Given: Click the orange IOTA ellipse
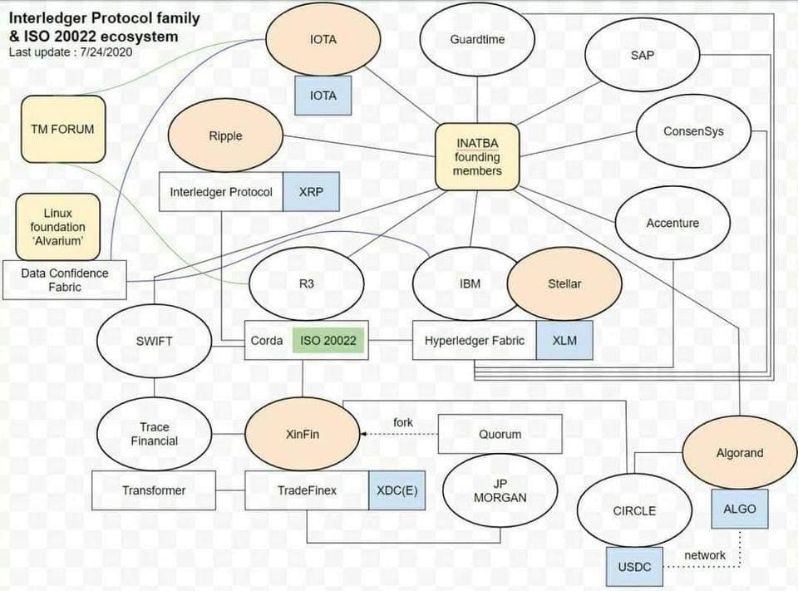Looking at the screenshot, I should [x=323, y=39].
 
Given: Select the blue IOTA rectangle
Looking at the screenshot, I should [x=323, y=96].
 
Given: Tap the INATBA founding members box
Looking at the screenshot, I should [x=477, y=157].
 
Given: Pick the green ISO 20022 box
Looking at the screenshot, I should [x=329, y=341].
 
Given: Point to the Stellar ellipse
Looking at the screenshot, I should [x=564, y=283].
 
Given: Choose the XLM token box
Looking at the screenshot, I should [x=564, y=341].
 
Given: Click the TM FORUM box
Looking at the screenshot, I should [x=63, y=130].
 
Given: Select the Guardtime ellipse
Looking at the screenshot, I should [x=477, y=39].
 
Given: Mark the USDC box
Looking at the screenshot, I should [x=635, y=567].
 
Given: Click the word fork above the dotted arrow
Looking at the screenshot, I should [x=403, y=422].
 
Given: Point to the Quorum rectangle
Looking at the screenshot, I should [x=500, y=434].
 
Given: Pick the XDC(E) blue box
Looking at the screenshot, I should [x=397, y=490].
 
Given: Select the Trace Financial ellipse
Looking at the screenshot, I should [x=154, y=434].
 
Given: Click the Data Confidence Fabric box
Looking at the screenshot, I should [x=64, y=280].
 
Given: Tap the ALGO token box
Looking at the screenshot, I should [x=739, y=509].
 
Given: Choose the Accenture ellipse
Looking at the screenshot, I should [x=672, y=223].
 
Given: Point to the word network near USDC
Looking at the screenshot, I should [x=705, y=554].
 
